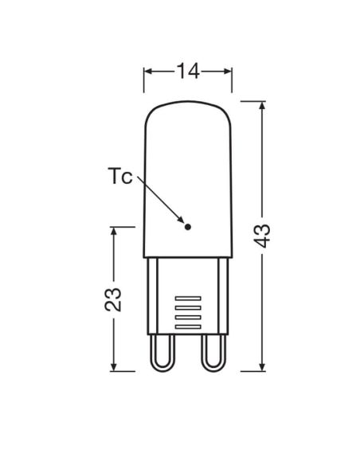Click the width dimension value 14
pos(188,71)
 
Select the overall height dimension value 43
pos(263,236)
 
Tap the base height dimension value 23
pos(113,299)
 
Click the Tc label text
pos(119,176)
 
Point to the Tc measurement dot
pos(187,227)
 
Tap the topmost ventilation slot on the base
pos(188,299)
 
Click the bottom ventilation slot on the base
pos(188,326)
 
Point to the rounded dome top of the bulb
pos(188,102)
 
